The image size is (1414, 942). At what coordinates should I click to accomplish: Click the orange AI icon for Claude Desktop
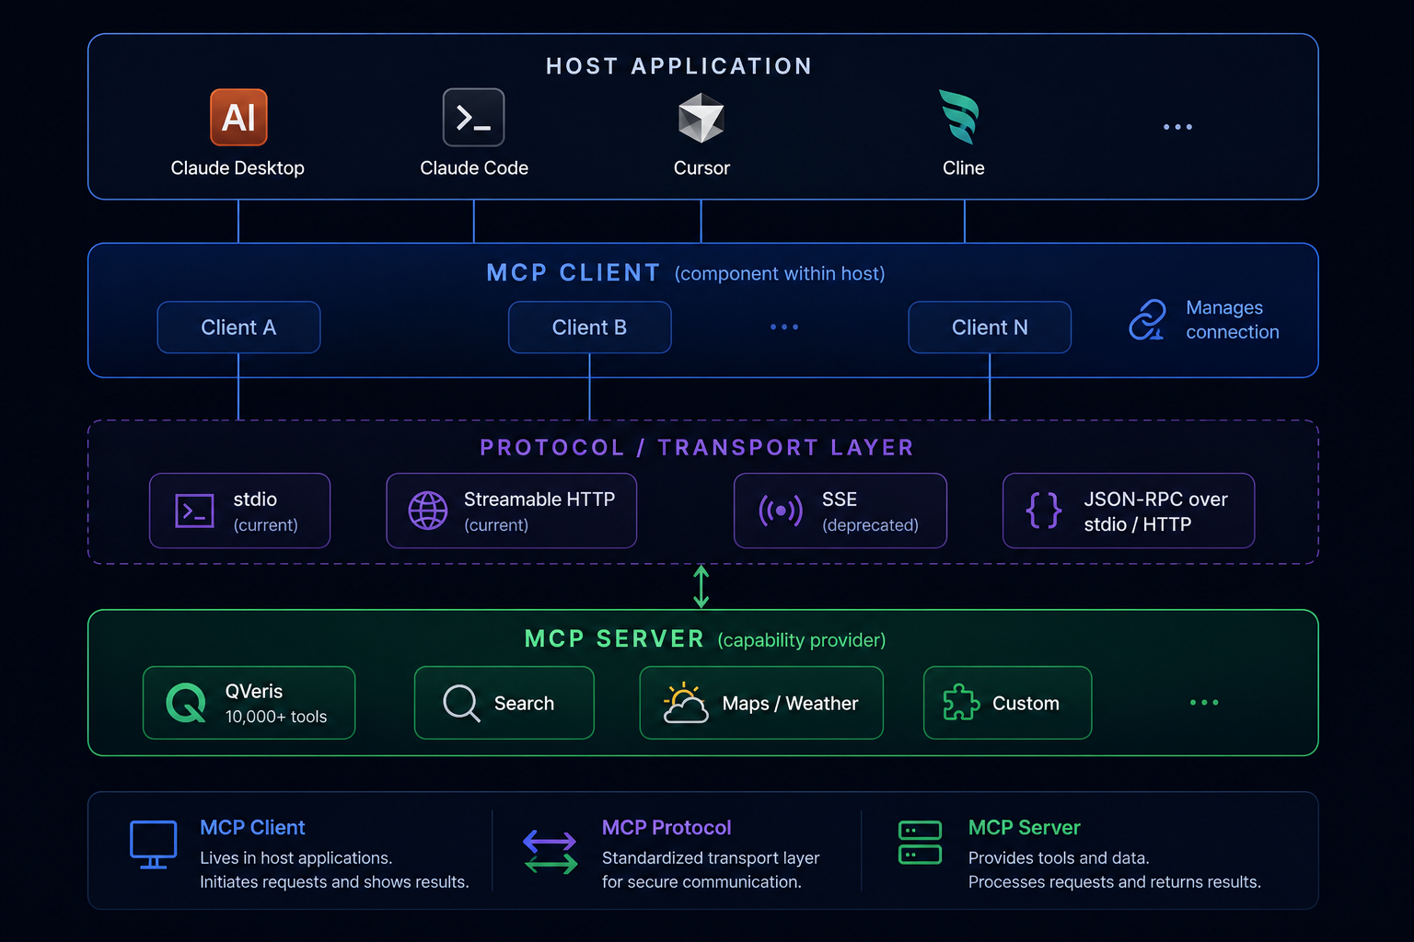click(238, 118)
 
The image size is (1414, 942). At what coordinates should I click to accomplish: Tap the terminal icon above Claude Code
click(473, 118)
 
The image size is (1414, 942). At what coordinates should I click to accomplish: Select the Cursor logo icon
click(701, 118)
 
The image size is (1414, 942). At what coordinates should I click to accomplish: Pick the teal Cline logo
click(960, 116)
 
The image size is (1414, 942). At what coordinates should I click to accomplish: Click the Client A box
click(238, 327)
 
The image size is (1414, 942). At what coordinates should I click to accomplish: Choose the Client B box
click(589, 327)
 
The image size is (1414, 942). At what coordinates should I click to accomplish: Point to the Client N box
click(990, 327)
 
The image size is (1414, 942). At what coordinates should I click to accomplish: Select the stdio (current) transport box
click(240, 511)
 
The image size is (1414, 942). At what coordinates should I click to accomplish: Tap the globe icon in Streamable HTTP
click(428, 511)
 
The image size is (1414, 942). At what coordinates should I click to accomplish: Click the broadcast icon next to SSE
click(781, 511)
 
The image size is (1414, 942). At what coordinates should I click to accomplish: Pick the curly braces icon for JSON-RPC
click(1043, 511)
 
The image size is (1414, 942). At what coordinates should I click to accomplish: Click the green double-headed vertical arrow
click(701, 587)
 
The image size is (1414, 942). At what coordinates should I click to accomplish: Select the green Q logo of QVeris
click(186, 702)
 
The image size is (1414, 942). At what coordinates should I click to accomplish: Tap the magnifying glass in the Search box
click(461, 703)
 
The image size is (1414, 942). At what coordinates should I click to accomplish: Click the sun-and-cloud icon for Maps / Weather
click(686, 702)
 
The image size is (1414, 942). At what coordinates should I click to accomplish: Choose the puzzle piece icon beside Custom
click(961, 702)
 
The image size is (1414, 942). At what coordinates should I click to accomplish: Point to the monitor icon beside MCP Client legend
click(154, 844)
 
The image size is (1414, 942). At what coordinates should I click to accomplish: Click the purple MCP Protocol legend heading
click(666, 827)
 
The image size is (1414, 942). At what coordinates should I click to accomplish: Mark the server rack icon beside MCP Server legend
click(920, 843)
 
